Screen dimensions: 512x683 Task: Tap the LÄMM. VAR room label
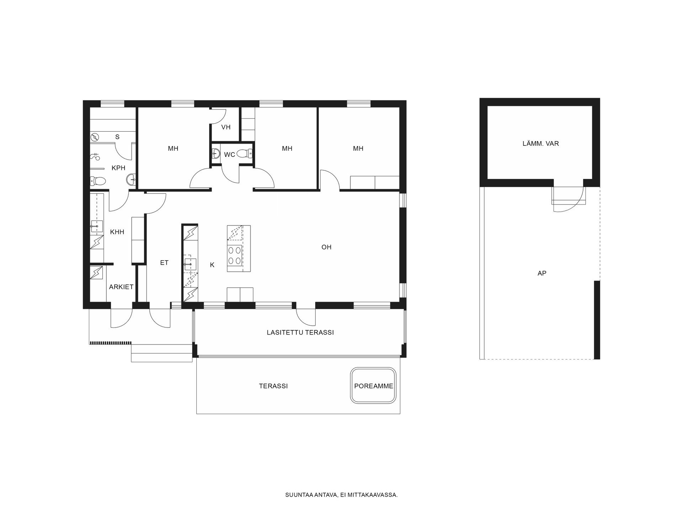[x=540, y=144]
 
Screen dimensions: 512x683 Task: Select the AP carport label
[x=541, y=273]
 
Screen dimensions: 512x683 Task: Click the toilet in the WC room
[x=244, y=154]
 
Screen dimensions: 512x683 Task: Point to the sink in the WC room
[x=216, y=154]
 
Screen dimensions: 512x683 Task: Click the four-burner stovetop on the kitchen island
[x=234, y=255]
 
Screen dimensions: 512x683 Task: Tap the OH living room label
[x=326, y=247]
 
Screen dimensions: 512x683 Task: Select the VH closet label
[x=226, y=127]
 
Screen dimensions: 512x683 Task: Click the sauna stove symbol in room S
[x=95, y=137]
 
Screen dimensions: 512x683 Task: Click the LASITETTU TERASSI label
[x=300, y=332]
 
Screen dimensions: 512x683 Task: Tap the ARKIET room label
[x=121, y=287]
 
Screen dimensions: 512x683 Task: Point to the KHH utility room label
[x=117, y=232]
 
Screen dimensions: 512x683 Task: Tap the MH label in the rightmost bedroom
[x=358, y=149]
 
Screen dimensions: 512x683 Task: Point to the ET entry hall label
[x=164, y=263]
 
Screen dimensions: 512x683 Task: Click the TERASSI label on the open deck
[x=273, y=386]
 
